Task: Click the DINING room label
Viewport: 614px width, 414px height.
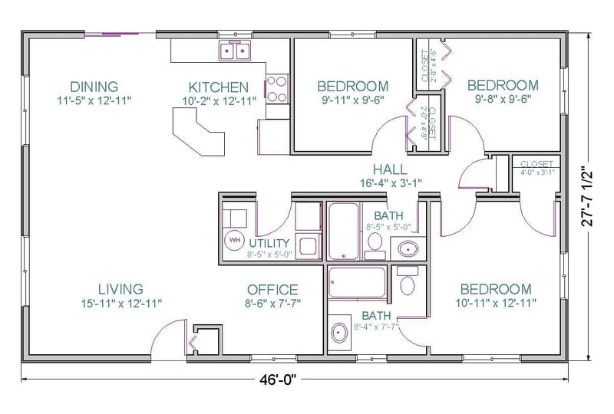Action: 94,86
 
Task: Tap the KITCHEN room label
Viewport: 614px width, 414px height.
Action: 219,87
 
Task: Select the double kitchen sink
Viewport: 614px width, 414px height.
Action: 236,51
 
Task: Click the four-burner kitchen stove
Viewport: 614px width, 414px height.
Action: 276,87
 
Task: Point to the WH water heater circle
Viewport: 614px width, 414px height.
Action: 233,240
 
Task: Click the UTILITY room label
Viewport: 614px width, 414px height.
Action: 269,243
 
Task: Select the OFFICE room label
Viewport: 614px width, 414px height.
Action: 272,289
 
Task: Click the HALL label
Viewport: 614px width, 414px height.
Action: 390,169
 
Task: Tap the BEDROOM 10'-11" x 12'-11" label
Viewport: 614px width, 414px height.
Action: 495,289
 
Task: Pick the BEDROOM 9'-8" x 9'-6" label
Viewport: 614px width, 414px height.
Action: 503,85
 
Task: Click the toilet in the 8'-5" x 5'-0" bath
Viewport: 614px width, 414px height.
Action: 375,243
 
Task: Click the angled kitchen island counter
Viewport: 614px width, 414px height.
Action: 200,130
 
